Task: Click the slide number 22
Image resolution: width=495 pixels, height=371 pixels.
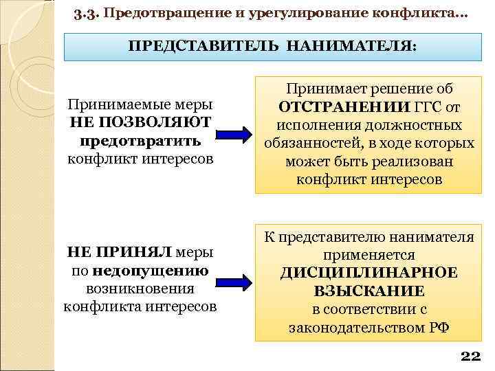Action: click(x=470, y=356)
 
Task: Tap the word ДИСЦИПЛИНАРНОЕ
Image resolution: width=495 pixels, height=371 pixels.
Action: click(x=368, y=273)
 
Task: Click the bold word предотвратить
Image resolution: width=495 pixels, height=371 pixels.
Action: click(x=140, y=142)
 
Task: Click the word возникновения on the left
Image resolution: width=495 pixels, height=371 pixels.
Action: click(x=140, y=289)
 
